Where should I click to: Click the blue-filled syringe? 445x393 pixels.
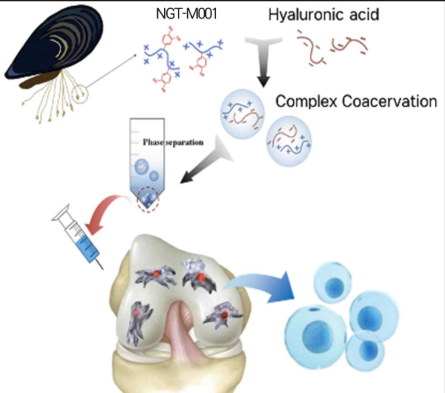click(x=80, y=236)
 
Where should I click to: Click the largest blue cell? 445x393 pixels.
click(x=316, y=332)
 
